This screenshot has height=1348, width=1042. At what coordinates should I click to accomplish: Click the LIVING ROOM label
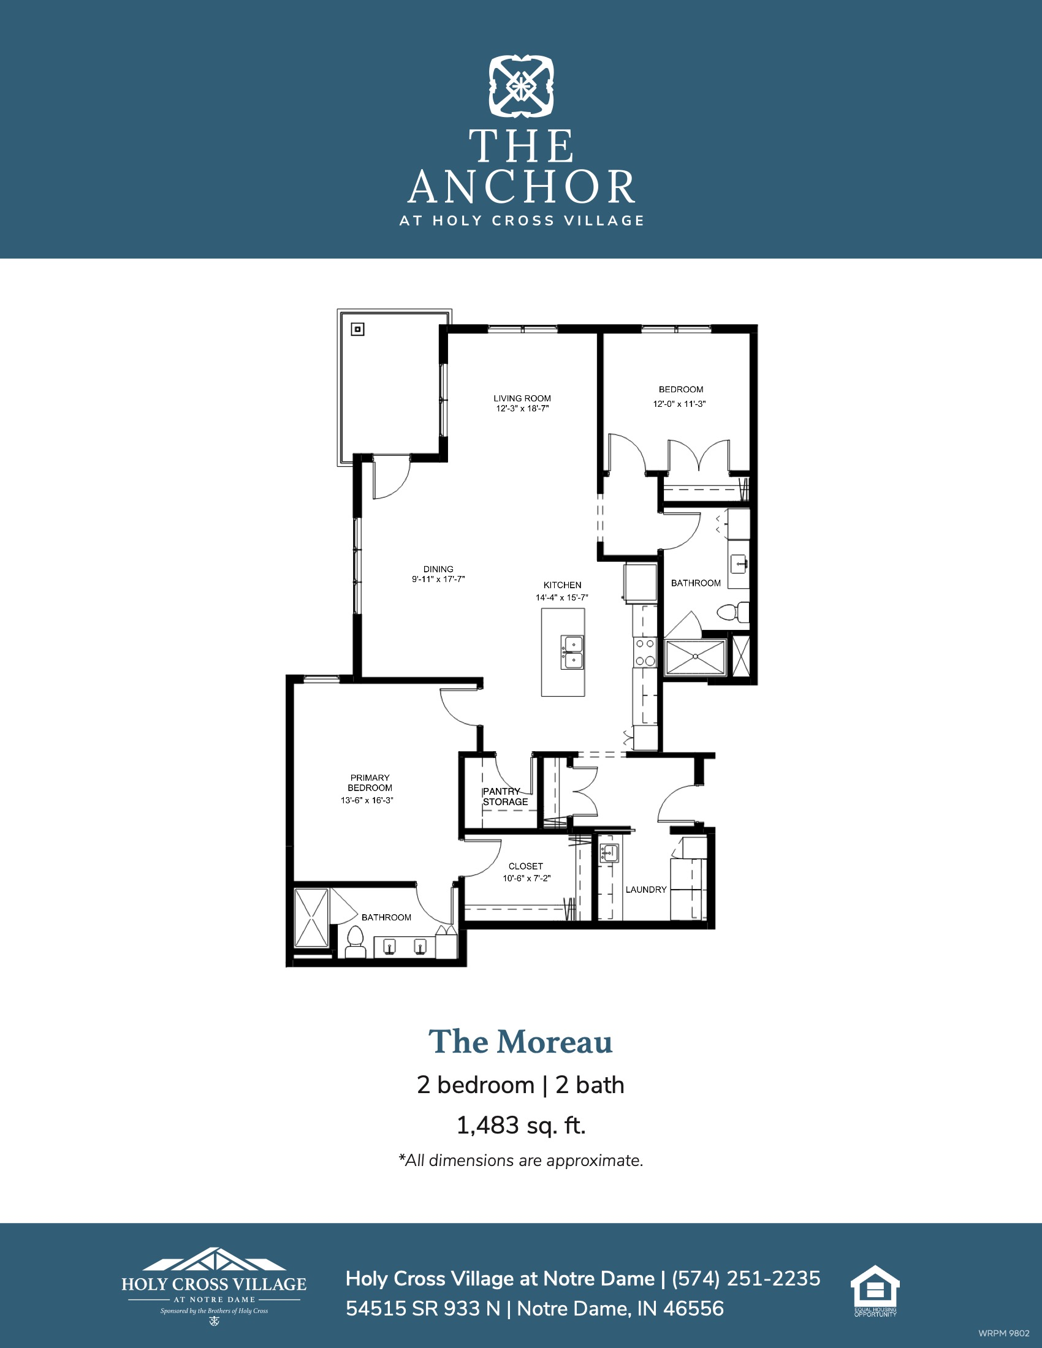pyautogui.click(x=522, y=398)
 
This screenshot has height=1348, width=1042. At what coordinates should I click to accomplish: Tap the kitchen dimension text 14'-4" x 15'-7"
pyautogui.click(x=561, y=597)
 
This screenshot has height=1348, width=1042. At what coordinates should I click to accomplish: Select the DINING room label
pyautogui.click(x=438, y=569)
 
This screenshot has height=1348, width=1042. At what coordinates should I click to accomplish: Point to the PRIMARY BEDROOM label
pyautogui.click(x=370, y=782)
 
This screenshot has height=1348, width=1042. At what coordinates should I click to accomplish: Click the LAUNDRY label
pyautogui.click(x=646, y=890)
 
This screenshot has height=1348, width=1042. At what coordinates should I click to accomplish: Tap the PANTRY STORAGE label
pyautogui.click(x=506, y=796)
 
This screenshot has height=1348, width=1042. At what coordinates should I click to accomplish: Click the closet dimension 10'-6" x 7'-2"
pyautogui.click(x=527, y=878)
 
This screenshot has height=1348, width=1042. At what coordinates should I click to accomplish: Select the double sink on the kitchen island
pyautogui.click(x=572, y=652)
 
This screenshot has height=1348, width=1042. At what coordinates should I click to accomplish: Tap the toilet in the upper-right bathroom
pyautogui.click(x=732, y=612)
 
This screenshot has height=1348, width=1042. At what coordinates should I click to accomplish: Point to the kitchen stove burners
pyautogui.click(x=645, y=653)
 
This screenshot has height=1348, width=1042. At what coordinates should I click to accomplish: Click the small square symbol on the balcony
pyautogui.click(x=357, y=330)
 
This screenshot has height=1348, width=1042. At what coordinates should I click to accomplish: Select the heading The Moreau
pyautogui.click(x=521, y=1042)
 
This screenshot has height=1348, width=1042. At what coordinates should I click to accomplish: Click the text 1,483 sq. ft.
pyautogui.click(x=521, y=1125)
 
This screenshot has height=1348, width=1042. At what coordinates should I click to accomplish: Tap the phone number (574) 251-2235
pyautogui.click(x=747, y=1278)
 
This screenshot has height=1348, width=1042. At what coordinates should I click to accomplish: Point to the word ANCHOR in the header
pyautogui.click(x=522, y=186)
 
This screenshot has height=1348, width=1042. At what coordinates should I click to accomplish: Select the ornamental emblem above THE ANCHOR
pyautogui.click(x=522, y=86)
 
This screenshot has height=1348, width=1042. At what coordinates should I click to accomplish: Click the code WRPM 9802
pyautogui.click(x=1004, y=1333)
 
